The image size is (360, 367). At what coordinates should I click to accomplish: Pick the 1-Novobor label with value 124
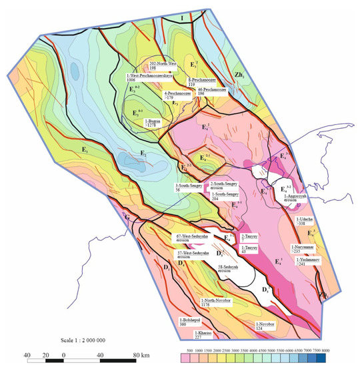(x=267, y=325)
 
